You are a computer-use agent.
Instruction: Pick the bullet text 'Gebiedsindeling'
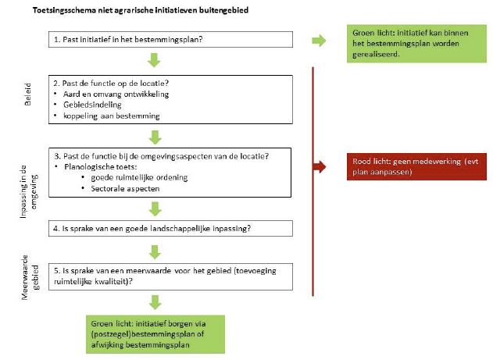pyautogui.click(x=93, y=105)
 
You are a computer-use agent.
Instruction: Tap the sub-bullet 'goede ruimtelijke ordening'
pyautogui.click(x=145, y=177)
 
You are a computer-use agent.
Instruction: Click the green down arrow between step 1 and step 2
pyautogui.click(x=156, y=60)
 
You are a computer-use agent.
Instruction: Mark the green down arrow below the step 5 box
pyautogui.click(x=156, y=301)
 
